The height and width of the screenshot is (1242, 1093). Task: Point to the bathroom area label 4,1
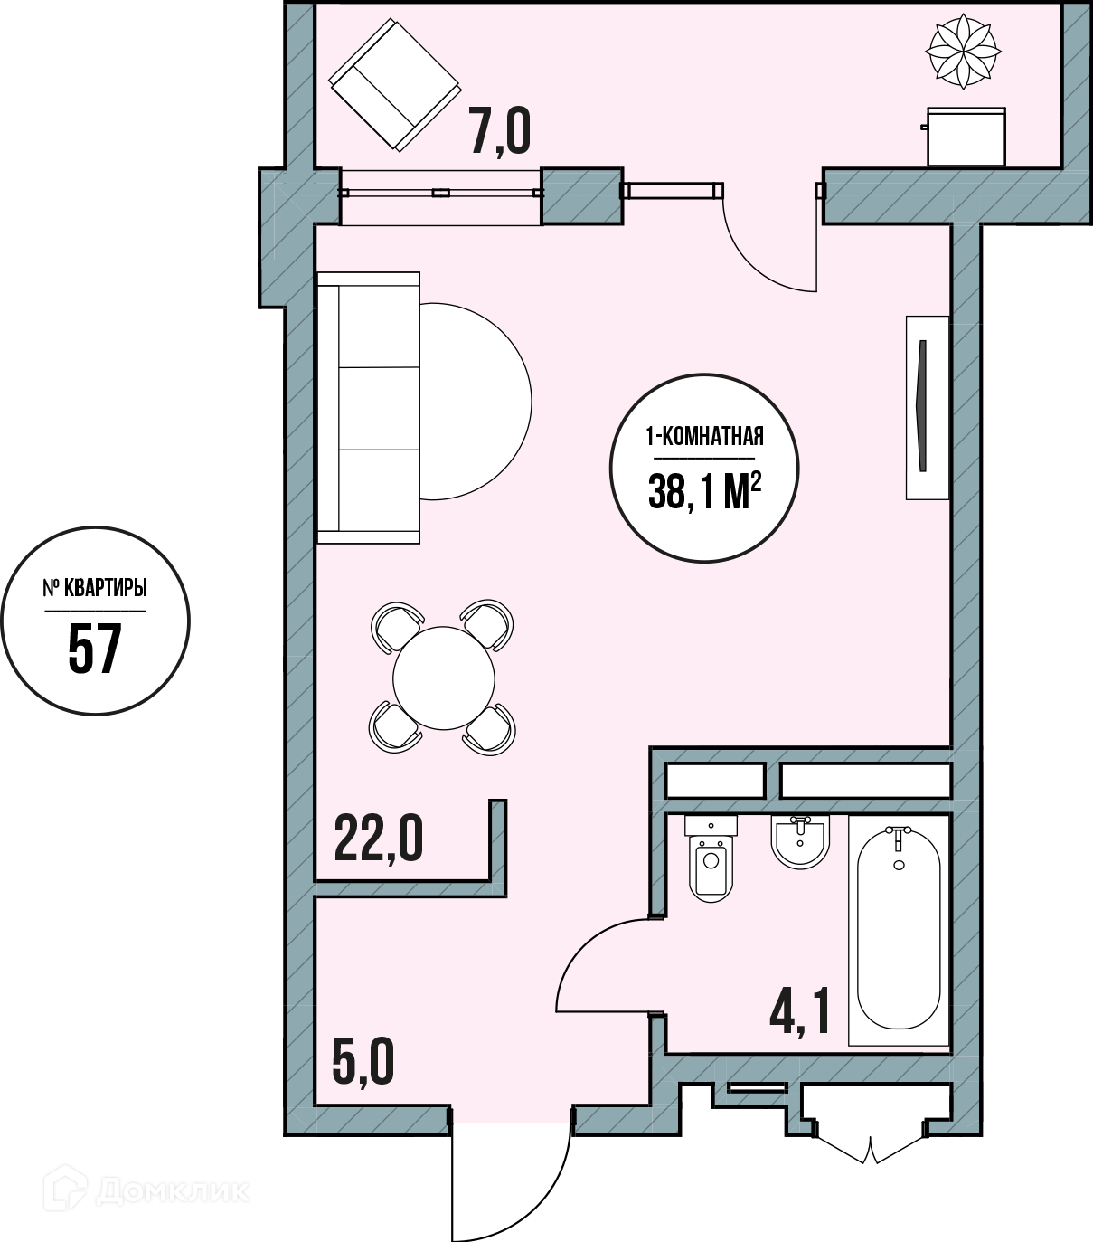799,1012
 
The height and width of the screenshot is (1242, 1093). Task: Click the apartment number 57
95,649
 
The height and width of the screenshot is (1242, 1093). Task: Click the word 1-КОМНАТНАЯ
704,437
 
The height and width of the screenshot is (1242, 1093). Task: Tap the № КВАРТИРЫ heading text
95,589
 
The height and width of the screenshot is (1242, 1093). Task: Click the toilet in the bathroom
711,858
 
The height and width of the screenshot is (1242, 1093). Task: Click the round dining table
444,678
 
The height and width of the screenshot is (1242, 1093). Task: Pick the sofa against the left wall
368,408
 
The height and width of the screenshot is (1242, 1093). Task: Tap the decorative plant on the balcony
963,51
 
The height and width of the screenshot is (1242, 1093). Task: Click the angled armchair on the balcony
395,85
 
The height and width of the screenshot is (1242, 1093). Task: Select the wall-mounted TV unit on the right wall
927,408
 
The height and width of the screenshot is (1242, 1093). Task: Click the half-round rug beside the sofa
476,402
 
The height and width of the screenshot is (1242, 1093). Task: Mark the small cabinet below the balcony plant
965,137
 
